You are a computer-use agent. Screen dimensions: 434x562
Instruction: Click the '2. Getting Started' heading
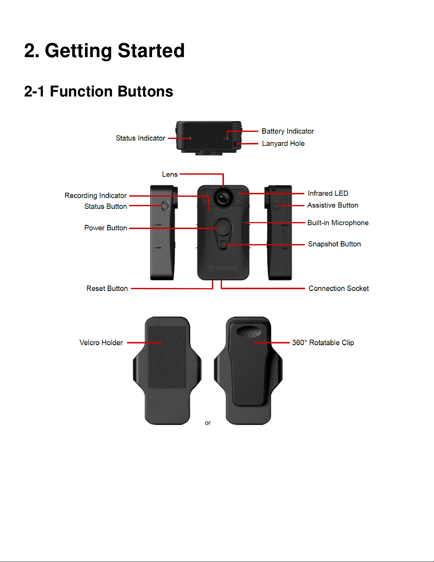(x=105, y=51)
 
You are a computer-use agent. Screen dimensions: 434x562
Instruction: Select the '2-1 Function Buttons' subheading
(x=98, y=91)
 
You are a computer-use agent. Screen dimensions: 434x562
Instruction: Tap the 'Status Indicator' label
(x=140, y=138)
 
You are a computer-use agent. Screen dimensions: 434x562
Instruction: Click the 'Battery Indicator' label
(x=288, y=131)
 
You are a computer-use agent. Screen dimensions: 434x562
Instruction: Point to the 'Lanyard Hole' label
(x=283, y=144)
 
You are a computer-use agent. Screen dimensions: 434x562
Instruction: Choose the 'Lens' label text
(x=170, y=174)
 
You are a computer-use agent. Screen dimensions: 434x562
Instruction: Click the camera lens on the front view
(x=223, y=198)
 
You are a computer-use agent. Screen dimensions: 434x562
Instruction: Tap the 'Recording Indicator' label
(x=96, y=195)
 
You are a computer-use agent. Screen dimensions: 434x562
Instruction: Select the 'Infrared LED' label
(x=328, y=193)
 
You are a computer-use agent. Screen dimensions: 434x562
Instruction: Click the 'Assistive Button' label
(x=332, y=205)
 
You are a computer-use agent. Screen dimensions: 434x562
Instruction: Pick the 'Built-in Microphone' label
(x=338, y=223)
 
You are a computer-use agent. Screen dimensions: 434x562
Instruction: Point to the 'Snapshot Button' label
(x=334, y=244)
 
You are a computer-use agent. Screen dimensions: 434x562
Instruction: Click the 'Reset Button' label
(x=107, y=288)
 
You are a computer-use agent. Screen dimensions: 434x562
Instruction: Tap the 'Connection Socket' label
(x=339, y=288)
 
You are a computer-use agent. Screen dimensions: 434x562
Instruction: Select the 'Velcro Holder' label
(x=101, y=343)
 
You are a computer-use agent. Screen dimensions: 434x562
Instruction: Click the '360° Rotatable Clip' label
(x=323, y=343)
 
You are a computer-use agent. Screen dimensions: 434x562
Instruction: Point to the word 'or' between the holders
(x=208, y=423)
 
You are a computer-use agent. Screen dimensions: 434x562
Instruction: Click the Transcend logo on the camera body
(x=223, y=268)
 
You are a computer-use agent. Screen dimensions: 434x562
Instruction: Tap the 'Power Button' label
(x=106, y=228)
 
